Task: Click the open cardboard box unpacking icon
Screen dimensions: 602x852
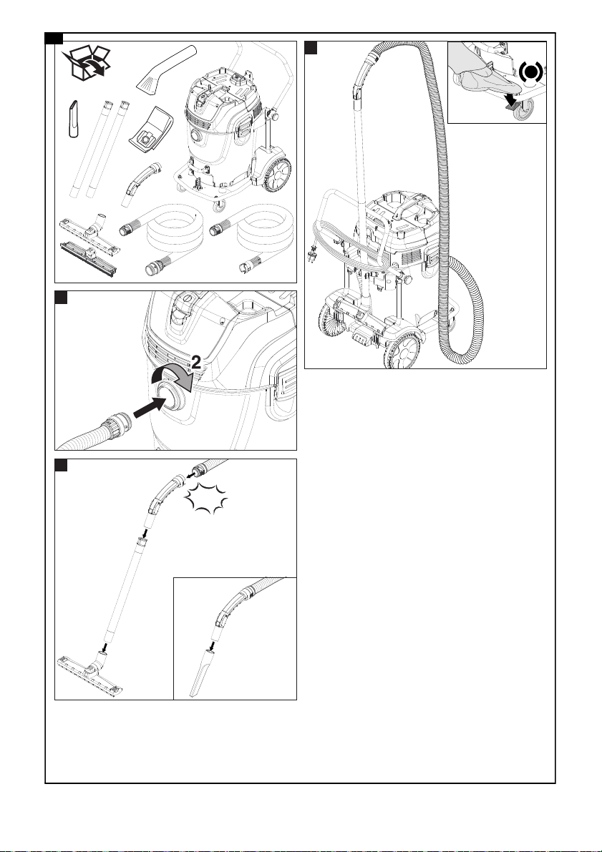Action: (86, 64)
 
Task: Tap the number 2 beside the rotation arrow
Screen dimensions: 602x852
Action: (195, 363)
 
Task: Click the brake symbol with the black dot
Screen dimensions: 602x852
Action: (530, 72)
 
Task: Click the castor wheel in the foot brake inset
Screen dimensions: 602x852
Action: (523, 109)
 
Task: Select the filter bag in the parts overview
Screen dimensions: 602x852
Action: (151, 129)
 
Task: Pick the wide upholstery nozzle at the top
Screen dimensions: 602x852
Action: (165, 68)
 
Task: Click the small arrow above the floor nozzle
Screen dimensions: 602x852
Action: (104, 646)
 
